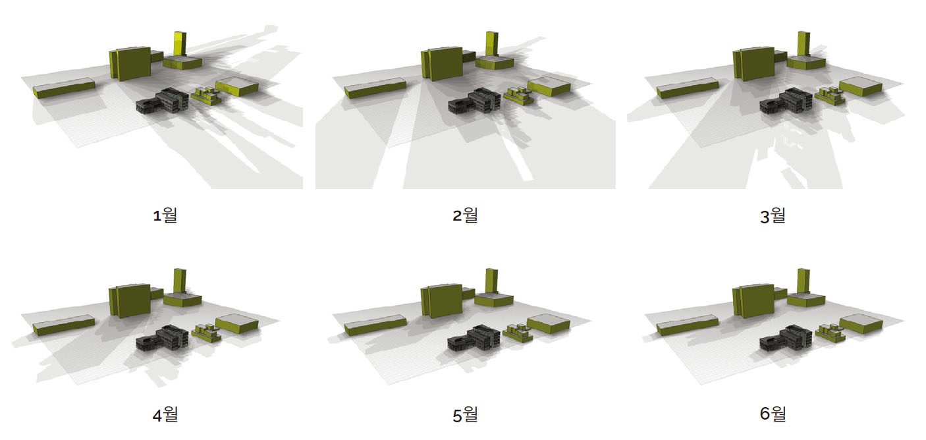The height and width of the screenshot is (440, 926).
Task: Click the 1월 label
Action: pos(165,215)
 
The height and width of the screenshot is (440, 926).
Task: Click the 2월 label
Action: pos(465,215)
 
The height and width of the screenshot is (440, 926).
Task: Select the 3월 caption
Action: pos(773,215)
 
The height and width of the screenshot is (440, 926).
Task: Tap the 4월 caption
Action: pos(165,414)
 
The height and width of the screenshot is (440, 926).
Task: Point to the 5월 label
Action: pos(465,414)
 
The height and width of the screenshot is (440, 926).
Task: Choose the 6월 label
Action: pos(773,414)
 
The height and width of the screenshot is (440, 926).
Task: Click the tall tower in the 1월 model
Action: pos(180,43)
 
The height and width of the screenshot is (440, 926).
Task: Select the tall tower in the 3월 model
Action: pos(803,43)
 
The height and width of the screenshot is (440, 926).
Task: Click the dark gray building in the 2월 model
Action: pos(475,101)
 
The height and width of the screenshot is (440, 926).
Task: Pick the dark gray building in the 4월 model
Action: pos(163,339)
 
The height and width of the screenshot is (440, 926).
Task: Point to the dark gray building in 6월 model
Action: pos(786,339)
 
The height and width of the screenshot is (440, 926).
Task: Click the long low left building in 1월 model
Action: pos(64,88)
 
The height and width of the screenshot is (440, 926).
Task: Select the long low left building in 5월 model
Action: pos(375,325)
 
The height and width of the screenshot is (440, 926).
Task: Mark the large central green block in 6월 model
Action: pos(753,301)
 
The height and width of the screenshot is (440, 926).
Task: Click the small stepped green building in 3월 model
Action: pos(830,96)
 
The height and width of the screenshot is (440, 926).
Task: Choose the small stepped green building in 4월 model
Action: pos(206,333)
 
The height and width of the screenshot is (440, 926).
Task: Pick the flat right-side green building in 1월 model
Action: pos(237,87)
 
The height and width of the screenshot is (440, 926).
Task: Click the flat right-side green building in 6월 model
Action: pos(861,324)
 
